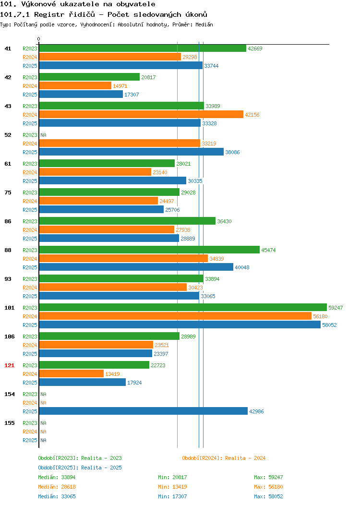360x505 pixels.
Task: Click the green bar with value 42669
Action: click(143, 48)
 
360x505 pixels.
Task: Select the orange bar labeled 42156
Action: click(141, 114)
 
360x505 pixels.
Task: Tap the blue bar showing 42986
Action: click(144, 411)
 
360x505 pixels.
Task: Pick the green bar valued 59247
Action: click(183, 307)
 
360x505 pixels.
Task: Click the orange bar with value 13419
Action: click(72, 373)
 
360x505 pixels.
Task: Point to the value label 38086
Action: click(232, 152)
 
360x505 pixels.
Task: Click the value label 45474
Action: click(268, 250)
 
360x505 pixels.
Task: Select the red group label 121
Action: click(9, 365)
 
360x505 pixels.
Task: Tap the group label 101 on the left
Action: click(9, 308)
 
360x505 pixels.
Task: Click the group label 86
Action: click(8, 221)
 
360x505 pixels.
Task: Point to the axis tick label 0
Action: click(39, 39)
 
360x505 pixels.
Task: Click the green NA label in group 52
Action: click(44, 135)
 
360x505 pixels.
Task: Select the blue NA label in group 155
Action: click(44, 440)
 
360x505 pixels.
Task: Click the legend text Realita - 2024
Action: click(245, 458)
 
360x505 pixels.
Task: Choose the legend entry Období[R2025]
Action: click(58, 468)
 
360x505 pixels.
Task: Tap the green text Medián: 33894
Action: click(57, 477)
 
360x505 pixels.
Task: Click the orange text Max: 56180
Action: click(268, 487)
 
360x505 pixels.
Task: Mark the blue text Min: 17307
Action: click(172, 496)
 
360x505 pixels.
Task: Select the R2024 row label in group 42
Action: click(30, 86)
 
